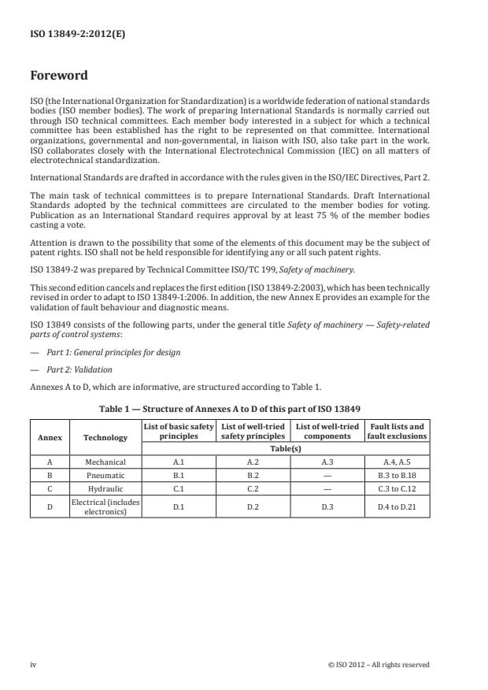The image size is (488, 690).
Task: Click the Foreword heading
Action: [x=59, y=76]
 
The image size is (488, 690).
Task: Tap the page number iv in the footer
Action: [x=33, y=664]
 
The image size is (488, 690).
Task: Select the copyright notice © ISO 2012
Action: [x=379, y=664]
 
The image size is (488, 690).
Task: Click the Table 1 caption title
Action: [x=230, y=409]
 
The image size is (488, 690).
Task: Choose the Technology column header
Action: [x=105, y=437]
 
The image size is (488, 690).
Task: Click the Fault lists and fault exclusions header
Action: [x=397, y=431]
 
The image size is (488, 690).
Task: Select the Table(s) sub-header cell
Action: [x=286, y=448]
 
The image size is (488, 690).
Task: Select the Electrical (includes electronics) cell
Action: [x=105, y=506]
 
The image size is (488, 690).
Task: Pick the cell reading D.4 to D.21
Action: [x=397, y=506]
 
